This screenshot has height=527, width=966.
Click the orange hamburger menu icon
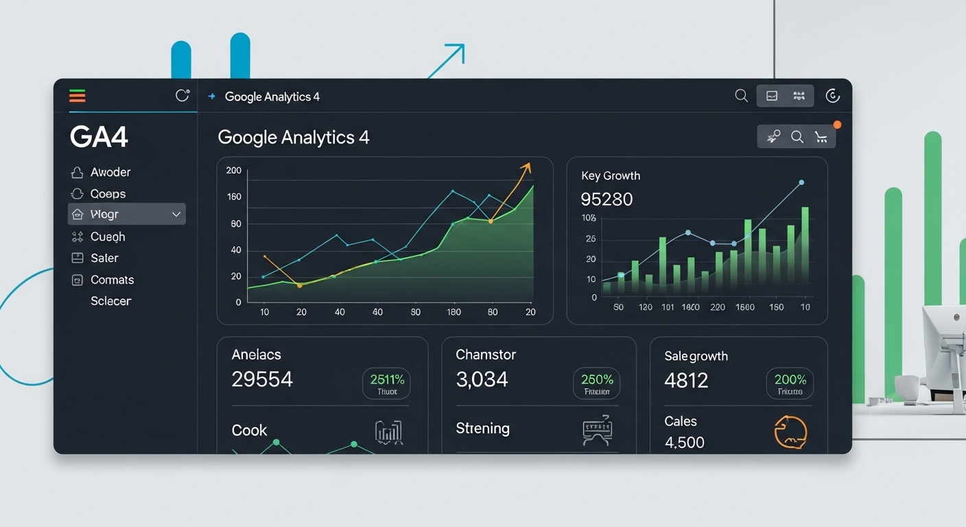click(x=78, y=96)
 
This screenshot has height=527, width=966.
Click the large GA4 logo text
click(x=99, y=137)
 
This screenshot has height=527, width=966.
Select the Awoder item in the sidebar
click(x=110, y=172)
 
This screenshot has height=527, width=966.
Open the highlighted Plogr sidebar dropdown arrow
click(x=176, y=215)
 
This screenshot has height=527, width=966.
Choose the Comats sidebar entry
click(x=112, y=280)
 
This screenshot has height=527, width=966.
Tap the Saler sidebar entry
click(x=104, y=258)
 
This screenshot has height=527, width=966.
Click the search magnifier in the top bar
click(x=741, y=96)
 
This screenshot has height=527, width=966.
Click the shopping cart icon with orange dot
click(x=821, y=137)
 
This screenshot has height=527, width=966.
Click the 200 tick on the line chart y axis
click(x=234, y=171)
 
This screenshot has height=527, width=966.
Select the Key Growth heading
click(x=610, y=176)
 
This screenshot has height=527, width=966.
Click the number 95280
click(x=606, y=200)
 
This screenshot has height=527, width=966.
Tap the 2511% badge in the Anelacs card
click(x=386, y=383)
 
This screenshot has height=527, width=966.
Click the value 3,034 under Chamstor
click(x=482, y=379)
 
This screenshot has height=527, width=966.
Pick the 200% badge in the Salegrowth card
click(x=790, y=383)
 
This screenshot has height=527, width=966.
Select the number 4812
click(x=686, y=380)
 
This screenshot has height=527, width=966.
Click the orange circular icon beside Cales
click(x=790, y=432)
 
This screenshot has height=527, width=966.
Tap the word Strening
click(x=482, y=428)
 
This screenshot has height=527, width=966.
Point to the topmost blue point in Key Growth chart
click(x=801, y=183)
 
